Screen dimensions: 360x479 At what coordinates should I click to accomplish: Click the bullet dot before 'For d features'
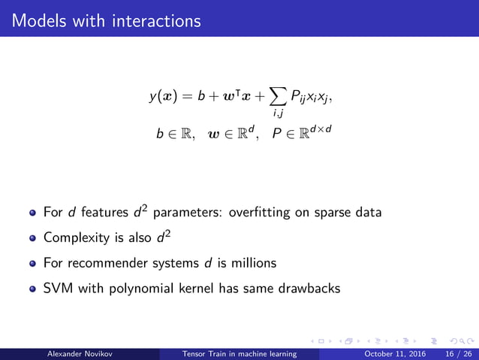(32, 213)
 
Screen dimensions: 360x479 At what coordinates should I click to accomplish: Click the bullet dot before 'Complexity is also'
(32, 239)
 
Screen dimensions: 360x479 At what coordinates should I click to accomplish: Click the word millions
(253, 264)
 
